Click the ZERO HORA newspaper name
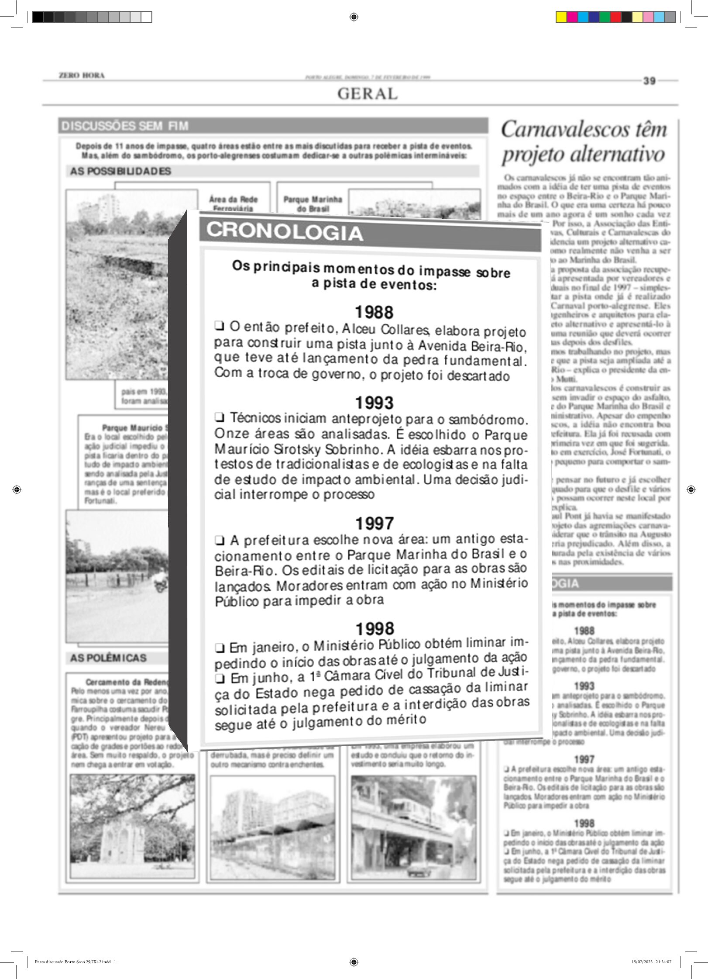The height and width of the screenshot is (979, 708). click(x=82, y=76)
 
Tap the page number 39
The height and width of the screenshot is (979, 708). click(x=649, y=81)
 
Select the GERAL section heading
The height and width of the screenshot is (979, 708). click(x=367, y=94)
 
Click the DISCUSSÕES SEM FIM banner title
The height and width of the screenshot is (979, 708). click(x=125, y=126)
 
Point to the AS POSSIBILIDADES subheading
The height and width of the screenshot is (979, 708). click(x=120, y=171)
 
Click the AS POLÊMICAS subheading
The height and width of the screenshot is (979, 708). click(x=108, y=658)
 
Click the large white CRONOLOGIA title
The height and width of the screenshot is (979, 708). click(x=285, y=231)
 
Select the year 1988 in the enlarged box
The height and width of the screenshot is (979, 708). click(x=374, y=312)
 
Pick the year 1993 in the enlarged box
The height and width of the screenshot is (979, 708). click(x=374, y=403)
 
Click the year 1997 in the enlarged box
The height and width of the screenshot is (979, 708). click(x=375, y=523)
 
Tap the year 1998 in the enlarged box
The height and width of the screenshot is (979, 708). click(x=375, y=629)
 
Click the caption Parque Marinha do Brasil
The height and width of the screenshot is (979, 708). click(x=313, y=204)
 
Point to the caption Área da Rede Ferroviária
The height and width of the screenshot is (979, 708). click(x=233, y=203)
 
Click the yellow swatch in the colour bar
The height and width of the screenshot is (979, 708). click(x=561, y=17)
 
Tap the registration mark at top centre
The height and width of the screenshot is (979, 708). click(x=354, y=17)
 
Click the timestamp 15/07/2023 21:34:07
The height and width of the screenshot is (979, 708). click(x=651, y=962)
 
